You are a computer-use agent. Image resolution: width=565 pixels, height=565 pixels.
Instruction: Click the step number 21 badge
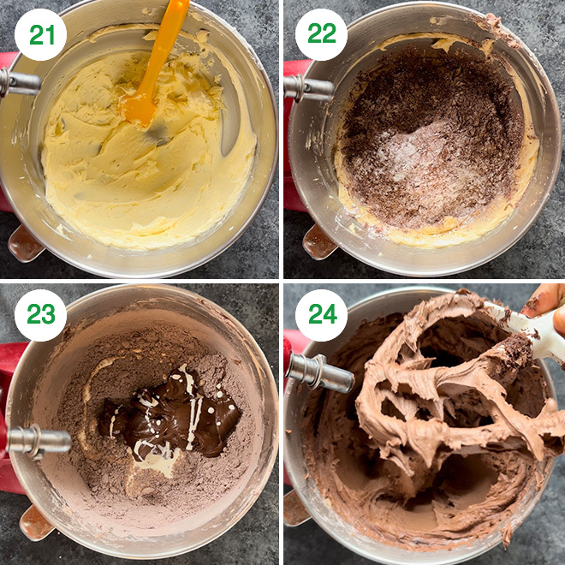coord(40,34)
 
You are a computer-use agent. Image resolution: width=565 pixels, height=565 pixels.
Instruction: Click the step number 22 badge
coord(321,34)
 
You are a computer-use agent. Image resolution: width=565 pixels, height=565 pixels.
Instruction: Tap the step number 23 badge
coord(40,315)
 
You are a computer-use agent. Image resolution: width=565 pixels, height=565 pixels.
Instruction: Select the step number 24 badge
coord(321,315)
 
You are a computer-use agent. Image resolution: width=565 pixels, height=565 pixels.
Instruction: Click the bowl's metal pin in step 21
coord(19,82)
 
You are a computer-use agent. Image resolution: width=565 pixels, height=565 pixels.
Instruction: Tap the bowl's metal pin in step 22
coord(308,88)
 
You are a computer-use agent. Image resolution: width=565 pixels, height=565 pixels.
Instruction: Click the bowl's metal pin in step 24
coord(320,373)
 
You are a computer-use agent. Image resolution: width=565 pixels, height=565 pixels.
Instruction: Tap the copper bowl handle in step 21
coord(25,244)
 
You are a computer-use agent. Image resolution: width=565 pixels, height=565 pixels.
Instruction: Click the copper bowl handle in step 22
coord(319,242)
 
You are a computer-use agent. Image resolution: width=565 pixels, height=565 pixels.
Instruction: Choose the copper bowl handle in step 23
coord(37,523)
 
